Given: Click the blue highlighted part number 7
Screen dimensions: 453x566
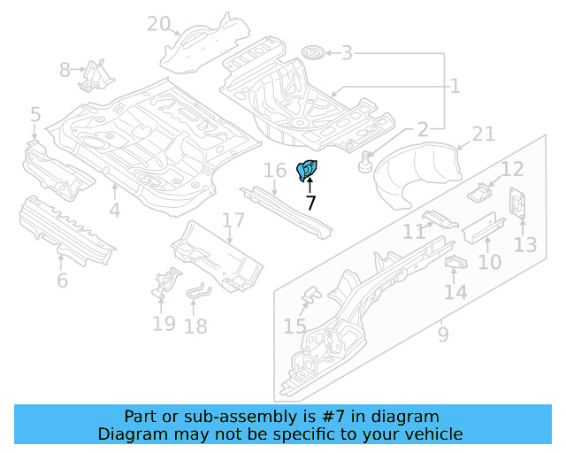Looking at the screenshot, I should click(310, 170).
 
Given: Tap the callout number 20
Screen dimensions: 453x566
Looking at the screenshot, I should click(159, 24).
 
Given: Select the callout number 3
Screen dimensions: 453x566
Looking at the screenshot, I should click(348, 54).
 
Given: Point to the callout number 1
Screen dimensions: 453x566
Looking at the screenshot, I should click(455, 86).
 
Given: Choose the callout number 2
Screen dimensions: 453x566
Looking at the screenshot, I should click(422, 129).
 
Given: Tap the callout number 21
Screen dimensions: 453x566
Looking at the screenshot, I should click(483, 134).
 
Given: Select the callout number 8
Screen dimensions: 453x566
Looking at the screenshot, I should click(65, 69).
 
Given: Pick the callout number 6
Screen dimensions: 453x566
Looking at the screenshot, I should click(62, 281).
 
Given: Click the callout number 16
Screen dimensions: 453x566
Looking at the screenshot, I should click(275, 170).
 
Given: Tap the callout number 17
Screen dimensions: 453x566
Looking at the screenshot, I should click(232, 220).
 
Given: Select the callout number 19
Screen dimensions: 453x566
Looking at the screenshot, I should click(164, 323).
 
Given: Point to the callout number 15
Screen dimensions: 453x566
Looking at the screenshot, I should click(294, 327).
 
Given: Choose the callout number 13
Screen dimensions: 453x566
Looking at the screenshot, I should click(525, 243).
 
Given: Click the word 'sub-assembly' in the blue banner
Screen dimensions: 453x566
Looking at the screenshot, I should click(222, 417).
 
